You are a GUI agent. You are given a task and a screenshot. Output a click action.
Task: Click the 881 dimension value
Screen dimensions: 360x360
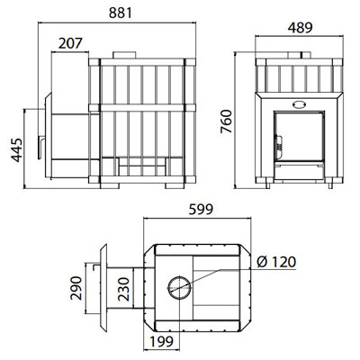click(x=121, y=13)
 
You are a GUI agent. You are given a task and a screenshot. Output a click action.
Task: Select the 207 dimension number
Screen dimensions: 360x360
click(x=70, y=43)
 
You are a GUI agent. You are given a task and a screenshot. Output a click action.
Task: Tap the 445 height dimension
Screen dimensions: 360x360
click(x=17, y=150)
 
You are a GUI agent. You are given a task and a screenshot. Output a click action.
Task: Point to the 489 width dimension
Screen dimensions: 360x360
click(x=300, y=28)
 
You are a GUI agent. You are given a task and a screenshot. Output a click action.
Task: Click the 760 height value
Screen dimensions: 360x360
click(x=226, y=121)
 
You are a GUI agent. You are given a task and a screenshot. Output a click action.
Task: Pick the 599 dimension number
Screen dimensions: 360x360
click(x=201, y=210)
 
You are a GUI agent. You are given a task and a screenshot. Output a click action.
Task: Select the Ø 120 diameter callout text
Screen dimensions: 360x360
click(x=276, y=262)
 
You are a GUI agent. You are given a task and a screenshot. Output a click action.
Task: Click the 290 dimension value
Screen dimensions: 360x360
click(x=76, y=288)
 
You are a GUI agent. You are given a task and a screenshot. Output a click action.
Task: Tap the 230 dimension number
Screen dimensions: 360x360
click(x=123, y=289)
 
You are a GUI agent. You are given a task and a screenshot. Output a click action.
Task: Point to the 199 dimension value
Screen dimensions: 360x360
click(x=161, y=341)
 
